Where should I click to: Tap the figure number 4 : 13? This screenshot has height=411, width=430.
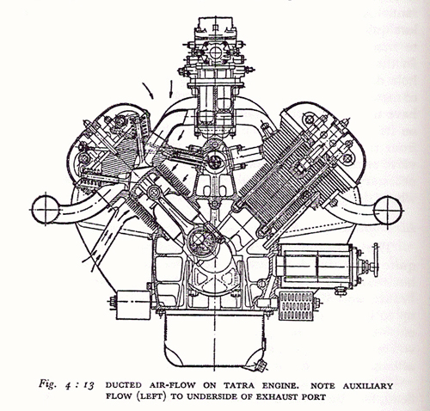[x=78, y=386]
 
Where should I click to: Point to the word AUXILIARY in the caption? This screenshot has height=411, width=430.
[x=368, y=386]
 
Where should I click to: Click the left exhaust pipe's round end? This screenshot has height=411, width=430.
[x=46, y=210]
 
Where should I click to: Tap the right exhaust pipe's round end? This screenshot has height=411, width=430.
[x=388, y=211]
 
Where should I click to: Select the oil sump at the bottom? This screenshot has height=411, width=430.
[x=214, y=340]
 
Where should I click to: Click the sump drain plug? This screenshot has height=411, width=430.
[x=261, y=365]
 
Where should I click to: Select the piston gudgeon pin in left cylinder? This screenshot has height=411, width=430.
[x=154, y=191]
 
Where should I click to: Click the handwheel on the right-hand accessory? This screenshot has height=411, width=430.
[x=376, y=260]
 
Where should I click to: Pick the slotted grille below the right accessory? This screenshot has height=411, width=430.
[x=295, y=306]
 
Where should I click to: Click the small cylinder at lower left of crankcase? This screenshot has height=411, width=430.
[x=133, y=305]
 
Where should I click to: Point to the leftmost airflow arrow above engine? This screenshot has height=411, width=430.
[x=148, y=90]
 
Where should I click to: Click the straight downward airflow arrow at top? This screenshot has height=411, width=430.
[x=171, y=89]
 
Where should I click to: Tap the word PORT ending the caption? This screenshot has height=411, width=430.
[x=314, y=397]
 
